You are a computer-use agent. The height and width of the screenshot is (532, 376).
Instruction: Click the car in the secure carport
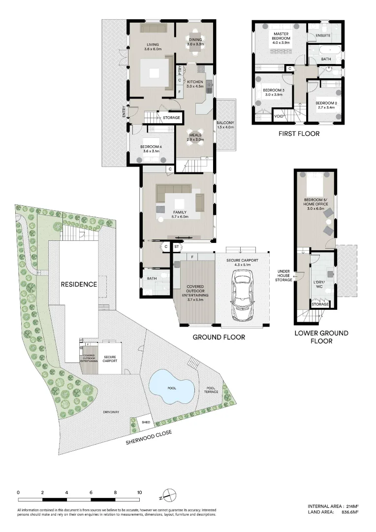pyautogui.click(x=244, y=297)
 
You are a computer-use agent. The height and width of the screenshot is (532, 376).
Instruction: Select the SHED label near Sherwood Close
pyautogui.click(x=145, y=422)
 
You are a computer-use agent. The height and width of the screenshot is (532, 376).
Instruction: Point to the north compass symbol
pyautogui.click(x=168, y=493)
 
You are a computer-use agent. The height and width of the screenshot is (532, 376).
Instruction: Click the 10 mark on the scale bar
pyautogui.click(x=140, y=492)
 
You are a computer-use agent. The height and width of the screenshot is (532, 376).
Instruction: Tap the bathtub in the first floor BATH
pyautogui.click(x=326, y=50)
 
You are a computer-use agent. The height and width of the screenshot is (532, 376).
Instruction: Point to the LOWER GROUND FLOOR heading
pyautogui.click(x=321, y=337)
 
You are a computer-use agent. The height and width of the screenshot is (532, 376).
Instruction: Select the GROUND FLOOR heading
pyautogui.click(x=219, y=337)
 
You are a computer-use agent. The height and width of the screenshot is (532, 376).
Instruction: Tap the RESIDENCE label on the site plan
pyautogui.click(x=79, y=284)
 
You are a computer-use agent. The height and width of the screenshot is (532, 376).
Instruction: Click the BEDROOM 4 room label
pyautogui.click(x=151, y=149)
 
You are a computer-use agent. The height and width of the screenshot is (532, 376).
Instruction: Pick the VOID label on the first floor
pyautogui.click(x=279, y=116)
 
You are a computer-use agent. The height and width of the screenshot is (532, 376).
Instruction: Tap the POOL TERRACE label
pyautogui.click(x=212, y=390)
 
